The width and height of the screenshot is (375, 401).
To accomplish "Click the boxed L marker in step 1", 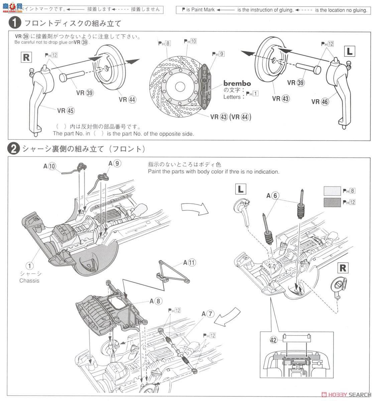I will point(349,51).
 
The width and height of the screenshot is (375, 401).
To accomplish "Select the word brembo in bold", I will point(237,84).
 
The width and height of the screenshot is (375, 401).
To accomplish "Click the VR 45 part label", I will point(66,111).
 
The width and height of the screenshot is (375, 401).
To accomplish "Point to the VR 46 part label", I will point(320,102).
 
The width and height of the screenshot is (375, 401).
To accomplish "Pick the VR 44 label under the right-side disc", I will point(128,99).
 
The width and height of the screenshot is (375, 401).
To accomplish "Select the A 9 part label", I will point(114,163).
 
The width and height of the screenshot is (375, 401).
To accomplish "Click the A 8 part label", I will point(156,301).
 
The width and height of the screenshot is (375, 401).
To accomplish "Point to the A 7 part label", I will point(207,314).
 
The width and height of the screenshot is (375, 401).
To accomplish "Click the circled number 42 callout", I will point(274,340).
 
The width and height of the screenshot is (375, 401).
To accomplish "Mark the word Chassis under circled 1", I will point(29,281).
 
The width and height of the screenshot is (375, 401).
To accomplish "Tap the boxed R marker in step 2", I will point(343,268).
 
